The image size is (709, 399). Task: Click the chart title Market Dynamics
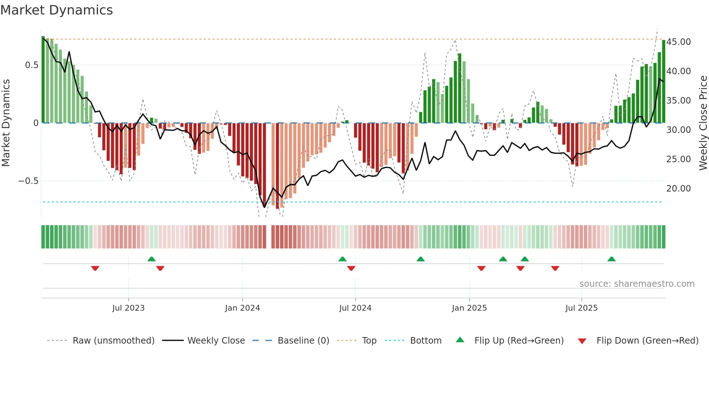56,10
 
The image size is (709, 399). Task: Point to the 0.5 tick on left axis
31,65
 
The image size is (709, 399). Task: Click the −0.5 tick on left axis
29,181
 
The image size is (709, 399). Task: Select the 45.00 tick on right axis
679,42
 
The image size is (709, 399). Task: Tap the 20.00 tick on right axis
679,189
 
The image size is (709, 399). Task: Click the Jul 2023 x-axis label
128,308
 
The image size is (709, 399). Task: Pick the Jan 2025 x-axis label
469,308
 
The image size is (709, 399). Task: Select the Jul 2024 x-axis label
355,308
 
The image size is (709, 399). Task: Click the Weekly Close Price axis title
703,123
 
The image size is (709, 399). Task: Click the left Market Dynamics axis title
6,123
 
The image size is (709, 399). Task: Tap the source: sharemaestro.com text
637,284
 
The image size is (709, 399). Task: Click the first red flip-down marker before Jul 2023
95,268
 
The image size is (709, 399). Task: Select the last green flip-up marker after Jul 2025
611,259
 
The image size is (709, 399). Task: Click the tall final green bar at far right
663,81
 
